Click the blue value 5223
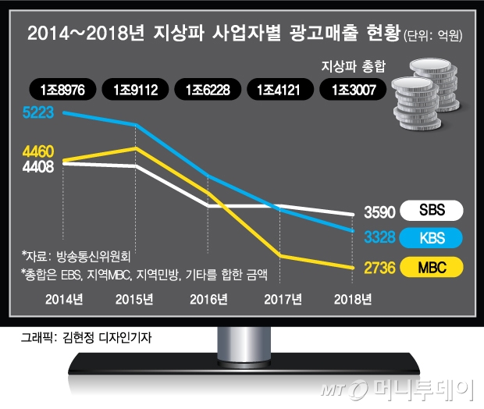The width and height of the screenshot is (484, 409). pyautogui.click(x=38, y=112)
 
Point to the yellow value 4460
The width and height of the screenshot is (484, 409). pyautogui.click(x=38, y=151)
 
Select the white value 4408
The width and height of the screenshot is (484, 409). pyautogui.click(x=38, y=166)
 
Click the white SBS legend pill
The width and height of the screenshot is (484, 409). pyautogui.click(x=432, y=211)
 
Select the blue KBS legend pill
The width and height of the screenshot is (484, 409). pyautogui.click(x=432, y=237)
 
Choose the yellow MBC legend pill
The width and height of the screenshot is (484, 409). pyautogui.click(x=432, y=268)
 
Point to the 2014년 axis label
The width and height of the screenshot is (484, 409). pyautogui.click(x=64, y=299)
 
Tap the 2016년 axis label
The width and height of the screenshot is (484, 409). pyautogui.click(x=208, y=299)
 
